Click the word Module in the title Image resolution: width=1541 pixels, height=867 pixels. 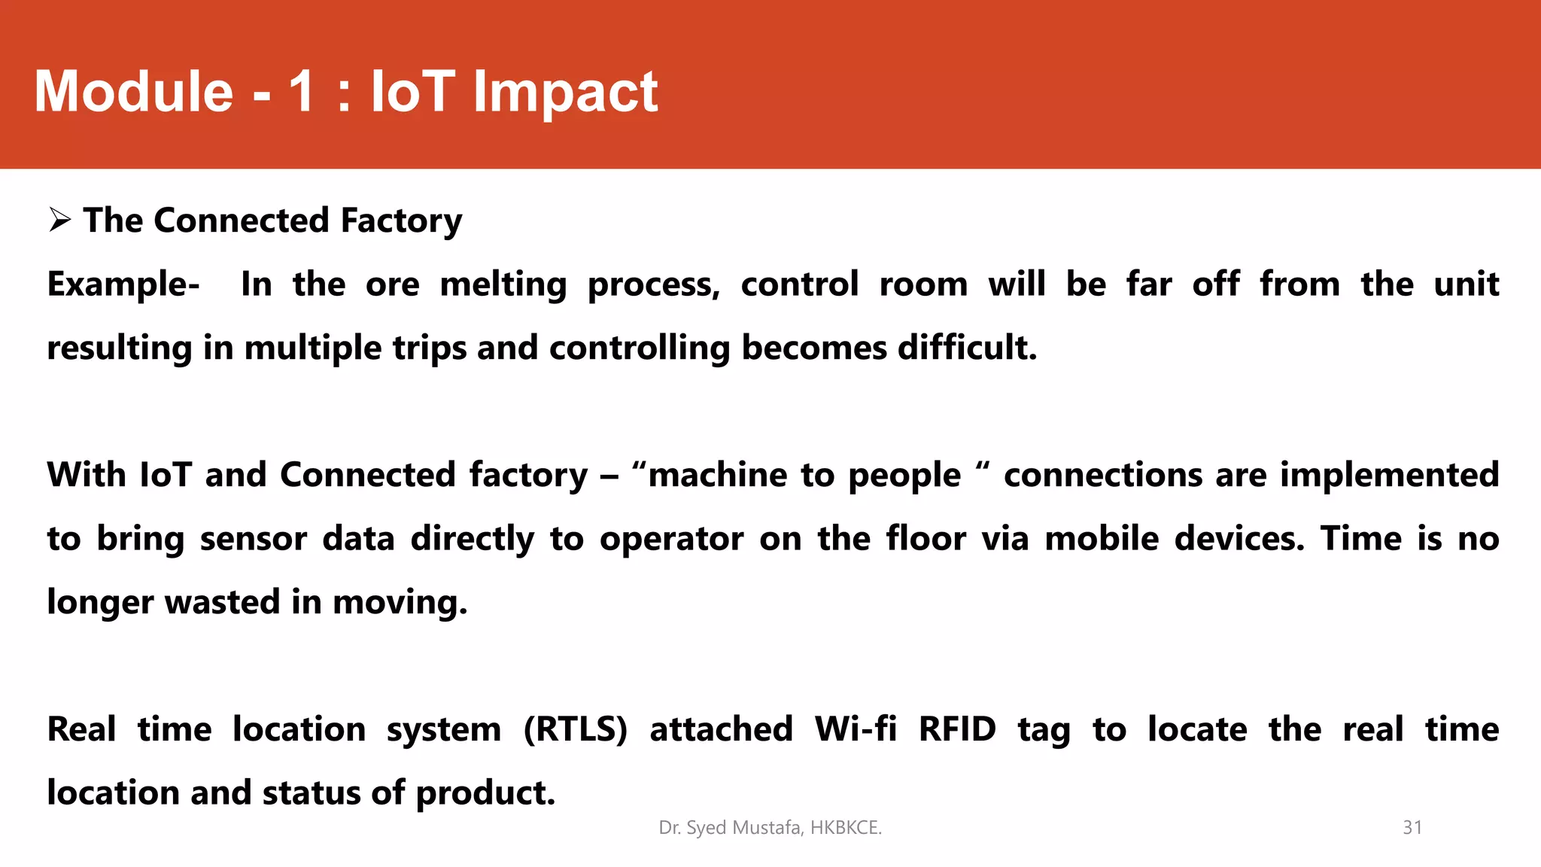(134, 92)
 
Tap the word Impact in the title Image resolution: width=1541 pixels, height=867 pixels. (565, 92)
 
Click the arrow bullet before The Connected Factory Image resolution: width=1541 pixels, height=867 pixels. (59, 221)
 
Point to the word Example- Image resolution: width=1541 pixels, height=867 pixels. (123, 284)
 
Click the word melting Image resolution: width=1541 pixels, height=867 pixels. (503, 284)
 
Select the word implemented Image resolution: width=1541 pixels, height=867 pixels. (1389, 475)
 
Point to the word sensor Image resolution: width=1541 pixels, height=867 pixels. (253, 539)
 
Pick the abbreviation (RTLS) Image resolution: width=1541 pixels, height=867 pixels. (575, 729)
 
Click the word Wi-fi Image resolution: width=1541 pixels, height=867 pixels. (855, 729)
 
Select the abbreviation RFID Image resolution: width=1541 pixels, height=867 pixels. (957, 729)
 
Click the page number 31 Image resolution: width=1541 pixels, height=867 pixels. (1412, 827)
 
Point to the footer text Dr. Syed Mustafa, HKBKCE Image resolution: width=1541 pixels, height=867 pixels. (770, 827)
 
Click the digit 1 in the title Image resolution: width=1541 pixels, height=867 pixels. (302, 92)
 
